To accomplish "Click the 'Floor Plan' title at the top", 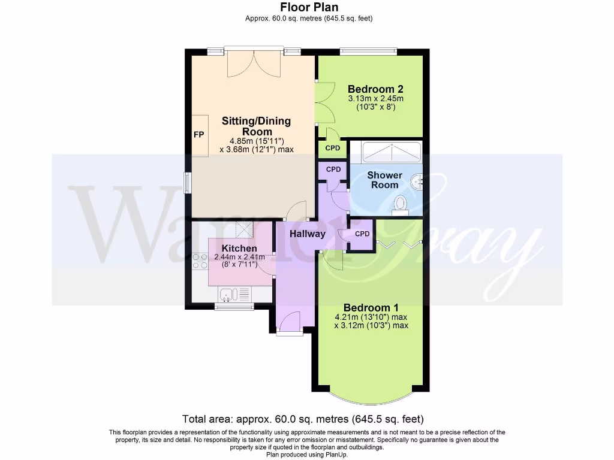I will (309, 7).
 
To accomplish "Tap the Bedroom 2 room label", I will (375, 89).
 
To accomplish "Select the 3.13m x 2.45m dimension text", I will (375, 99).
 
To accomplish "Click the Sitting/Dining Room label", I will (256, 126).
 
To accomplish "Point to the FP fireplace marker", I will (198, 135).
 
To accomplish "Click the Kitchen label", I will (239, 248).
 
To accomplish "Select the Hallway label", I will (308, 234).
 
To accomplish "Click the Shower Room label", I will (384, 180).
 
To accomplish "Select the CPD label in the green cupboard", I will (332, 148).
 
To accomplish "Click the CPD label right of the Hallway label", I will (362, 234).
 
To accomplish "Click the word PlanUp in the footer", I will (334, 455).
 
